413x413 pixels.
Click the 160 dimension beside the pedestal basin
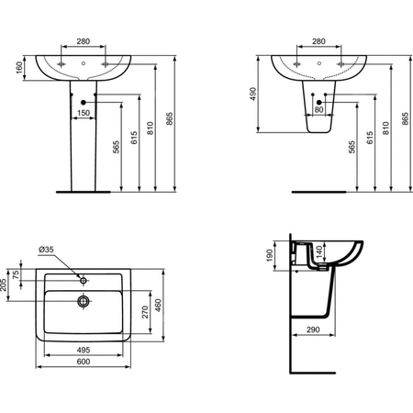pos(19,68)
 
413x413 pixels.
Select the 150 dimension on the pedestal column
pos(84,113)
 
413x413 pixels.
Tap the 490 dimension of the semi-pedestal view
pos(253,95)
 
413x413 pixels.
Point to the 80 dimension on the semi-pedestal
pos(318,109)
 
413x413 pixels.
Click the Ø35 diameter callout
pos(46,250)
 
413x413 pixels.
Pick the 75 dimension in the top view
pos(16,274)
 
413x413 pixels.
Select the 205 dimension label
pos(4,285)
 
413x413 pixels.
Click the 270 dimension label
pos(145,312)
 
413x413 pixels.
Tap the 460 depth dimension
pos(158,306)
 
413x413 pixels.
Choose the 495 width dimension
pos(84,350)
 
